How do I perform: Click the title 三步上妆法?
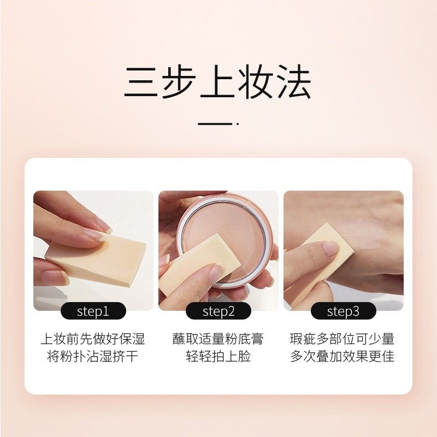point(217,83)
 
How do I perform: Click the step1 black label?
point(93,311)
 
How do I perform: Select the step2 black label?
point(218,311)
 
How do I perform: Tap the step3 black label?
point(343,311)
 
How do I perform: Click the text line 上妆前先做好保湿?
point(93,339)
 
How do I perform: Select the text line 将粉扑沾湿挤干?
point(93,357)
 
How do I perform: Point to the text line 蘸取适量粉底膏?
point(218,339)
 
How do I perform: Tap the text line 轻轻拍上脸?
point(218,357)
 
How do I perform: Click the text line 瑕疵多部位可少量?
point(342,339)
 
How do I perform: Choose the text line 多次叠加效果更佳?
point(342,357)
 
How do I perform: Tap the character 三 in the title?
point(141,83)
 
